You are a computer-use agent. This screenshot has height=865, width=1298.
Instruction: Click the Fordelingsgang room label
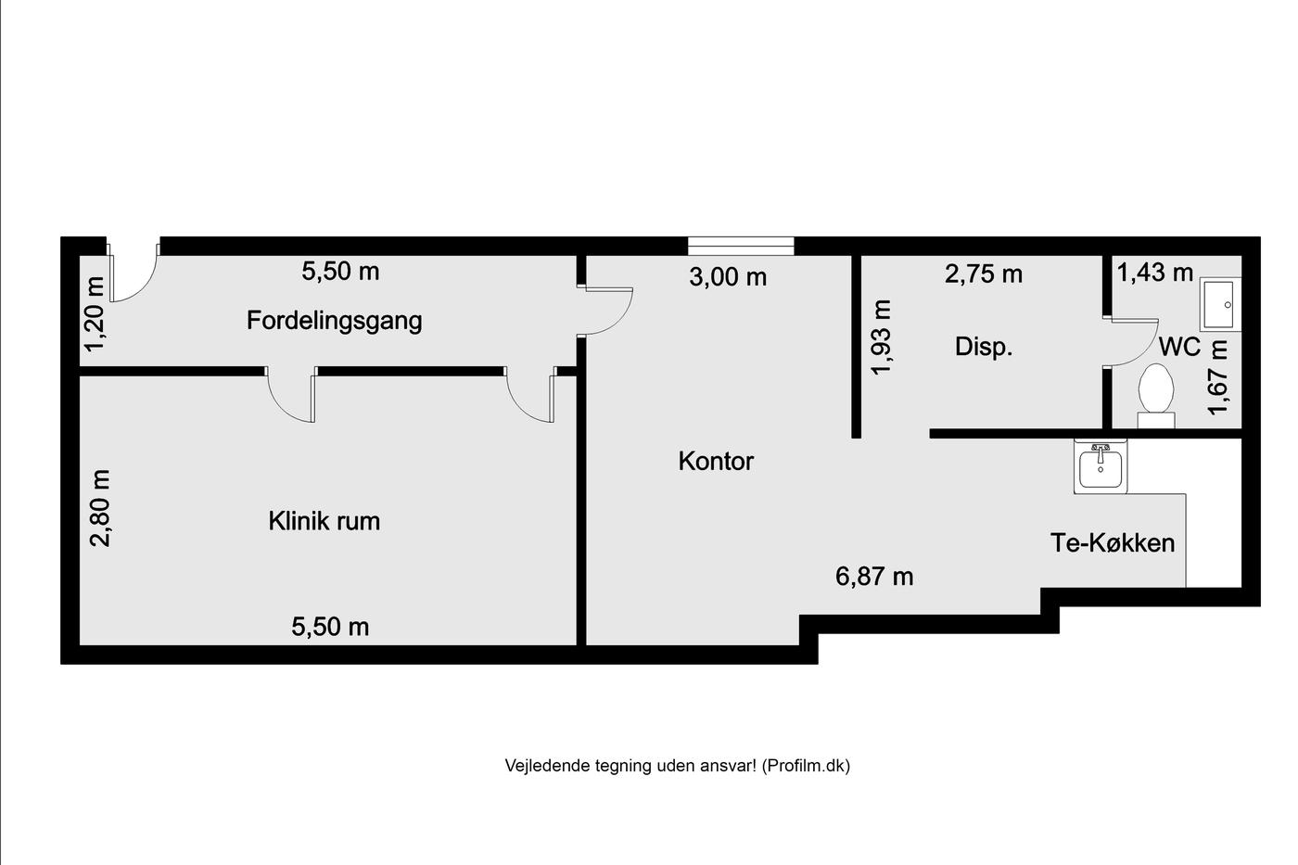[x=335, y=321]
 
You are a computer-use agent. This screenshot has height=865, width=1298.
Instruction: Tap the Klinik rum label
[x=324, y=521]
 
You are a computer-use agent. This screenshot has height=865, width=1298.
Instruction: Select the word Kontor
[x=716, y=461]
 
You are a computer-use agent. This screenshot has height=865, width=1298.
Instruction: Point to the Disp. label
[x=984, y=347]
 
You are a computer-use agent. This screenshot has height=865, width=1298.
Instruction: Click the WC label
[x=1179, y=347]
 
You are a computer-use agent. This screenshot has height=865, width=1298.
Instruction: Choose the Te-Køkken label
[x=1113, y=543]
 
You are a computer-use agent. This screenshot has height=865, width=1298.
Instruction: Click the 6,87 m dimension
[x=874, y=577]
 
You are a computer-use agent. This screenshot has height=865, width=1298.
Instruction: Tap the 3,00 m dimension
[x=728, y=277]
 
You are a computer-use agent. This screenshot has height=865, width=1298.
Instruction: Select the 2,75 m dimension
[x=984, y=274]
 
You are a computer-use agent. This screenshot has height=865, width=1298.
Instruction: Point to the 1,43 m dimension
[x=1155, y=273]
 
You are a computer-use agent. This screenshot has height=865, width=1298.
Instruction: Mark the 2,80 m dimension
[x=100, y=508]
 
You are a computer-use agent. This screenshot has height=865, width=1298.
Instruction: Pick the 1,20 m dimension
[x=95, y=314]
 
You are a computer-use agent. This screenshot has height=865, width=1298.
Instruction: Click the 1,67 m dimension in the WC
[x=1217, y=377]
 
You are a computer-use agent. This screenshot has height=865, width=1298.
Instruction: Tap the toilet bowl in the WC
[x=1156, y=396]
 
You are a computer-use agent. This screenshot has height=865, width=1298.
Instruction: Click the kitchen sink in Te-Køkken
[x=1101, y=466]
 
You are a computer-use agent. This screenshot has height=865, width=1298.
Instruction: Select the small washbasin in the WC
[x=1220, y=304]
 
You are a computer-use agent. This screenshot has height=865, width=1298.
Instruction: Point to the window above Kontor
[x=741, y=246]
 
